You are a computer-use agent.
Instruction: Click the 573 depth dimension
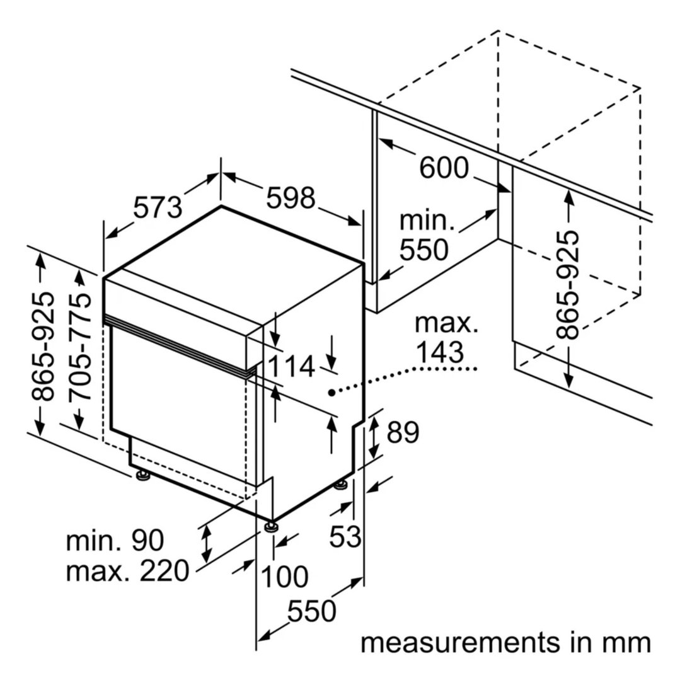pos(158,207)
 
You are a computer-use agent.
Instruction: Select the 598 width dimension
pos(291,198)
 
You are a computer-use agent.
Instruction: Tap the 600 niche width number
pos(444,168)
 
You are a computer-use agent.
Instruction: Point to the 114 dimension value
pos(291,366)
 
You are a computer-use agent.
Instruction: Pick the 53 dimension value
pos(345,536)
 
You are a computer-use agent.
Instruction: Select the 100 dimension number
pos(284,577)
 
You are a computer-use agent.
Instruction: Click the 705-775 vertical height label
pos(80,347)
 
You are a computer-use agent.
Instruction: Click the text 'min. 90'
pos(115,540)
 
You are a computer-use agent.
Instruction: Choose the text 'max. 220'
pos(127,571)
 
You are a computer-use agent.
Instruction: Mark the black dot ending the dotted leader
pos(331,393)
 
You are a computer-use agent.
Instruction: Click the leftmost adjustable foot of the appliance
pos(142,476)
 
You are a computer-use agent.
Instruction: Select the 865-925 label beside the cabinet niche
pos(567,285)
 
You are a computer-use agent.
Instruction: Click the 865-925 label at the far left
pos(43,347)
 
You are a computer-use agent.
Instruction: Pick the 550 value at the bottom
pos(311,611)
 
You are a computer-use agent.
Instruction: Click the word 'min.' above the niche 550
pos(427,221)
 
